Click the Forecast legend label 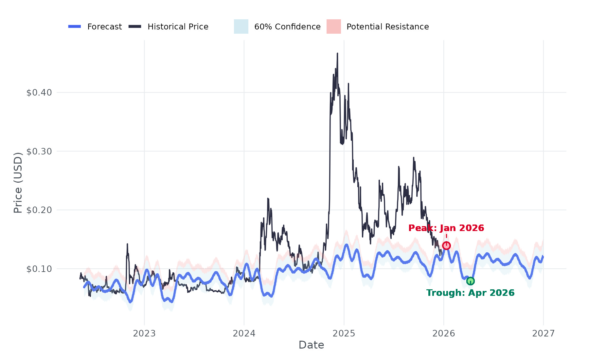coord(104,27)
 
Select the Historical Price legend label coord(178,27)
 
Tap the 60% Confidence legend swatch coord(241,27)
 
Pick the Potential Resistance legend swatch coord(333,27)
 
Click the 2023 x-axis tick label coord(144,333)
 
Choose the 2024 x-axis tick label coord(244,333)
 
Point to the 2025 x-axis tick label coord(344,333)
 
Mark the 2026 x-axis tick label coord(444,333)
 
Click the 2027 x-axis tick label coord(544,333)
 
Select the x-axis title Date coord(311,345)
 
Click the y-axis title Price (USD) coord(18,183)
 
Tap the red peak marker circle coord(446,245)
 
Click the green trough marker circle coord(470,281)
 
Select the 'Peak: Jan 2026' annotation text coord(446,228)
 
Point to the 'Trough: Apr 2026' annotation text coord(470,293)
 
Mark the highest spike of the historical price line coord(337,53)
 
